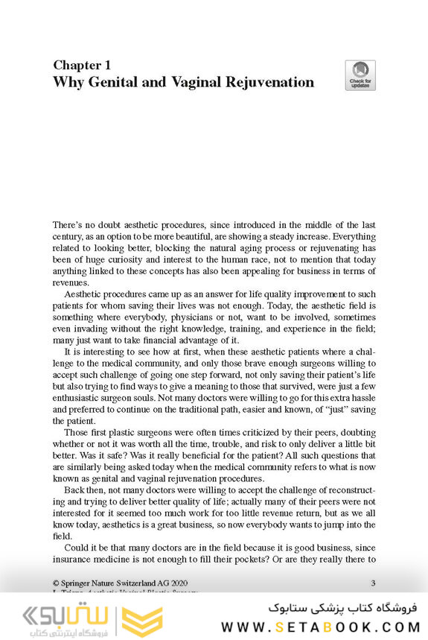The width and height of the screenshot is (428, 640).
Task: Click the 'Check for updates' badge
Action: coord(360,75)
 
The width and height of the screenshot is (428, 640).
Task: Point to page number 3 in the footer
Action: coord(372,581)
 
